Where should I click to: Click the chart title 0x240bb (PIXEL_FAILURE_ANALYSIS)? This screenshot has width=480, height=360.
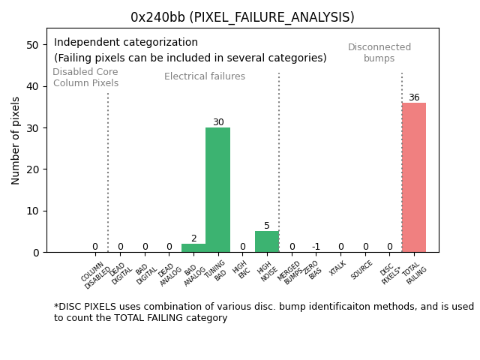242,17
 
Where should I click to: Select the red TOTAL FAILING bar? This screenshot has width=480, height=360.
414,178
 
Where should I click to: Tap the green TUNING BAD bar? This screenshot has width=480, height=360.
217,190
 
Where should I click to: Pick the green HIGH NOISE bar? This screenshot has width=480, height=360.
267,241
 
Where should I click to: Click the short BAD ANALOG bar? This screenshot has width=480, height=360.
193,248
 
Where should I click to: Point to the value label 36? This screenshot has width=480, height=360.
414,97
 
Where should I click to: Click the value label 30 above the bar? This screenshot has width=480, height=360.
217,122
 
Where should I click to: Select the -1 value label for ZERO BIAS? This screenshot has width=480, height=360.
316,247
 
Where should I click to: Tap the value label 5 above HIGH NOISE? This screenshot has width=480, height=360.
267,226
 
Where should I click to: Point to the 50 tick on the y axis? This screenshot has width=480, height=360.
33,45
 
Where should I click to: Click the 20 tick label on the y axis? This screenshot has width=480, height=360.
33,169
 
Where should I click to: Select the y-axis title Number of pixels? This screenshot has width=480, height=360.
16,140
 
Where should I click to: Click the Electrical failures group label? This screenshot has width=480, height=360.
205,76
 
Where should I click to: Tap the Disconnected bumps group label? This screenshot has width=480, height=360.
379,52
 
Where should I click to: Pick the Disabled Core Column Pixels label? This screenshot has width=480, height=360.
85,77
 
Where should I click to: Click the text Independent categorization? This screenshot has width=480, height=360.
126,43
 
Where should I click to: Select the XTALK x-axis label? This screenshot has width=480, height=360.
338,268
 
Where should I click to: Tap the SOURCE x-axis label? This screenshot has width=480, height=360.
361,270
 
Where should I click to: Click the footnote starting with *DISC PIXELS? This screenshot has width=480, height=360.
263,312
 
